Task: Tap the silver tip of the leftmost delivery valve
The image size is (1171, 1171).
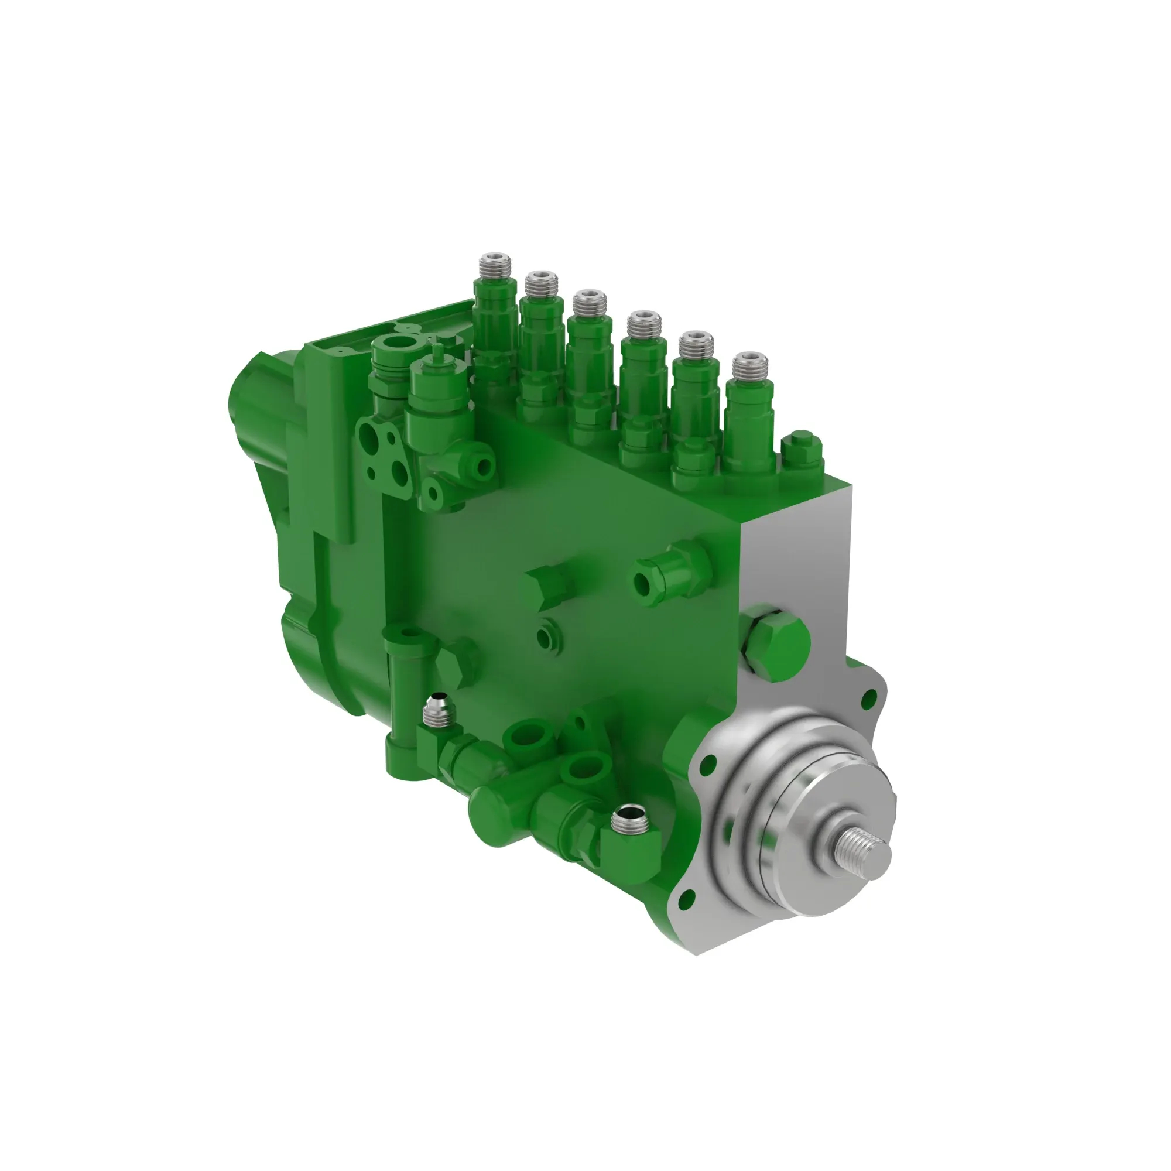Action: point(495,264)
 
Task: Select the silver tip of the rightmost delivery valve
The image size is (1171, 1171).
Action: point(750,365)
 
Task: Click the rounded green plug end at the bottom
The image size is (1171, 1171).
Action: point(489,814)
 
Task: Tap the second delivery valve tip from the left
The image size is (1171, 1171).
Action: point(541,282)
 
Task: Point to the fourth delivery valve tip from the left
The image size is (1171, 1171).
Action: point(643,323)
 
